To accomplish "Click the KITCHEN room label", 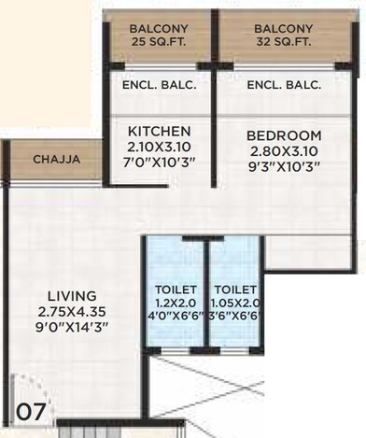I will click(160, 130).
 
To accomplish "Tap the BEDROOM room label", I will click(285, 134).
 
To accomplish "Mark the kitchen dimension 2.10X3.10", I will click(160, 146).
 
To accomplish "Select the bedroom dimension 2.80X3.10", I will click(285, 150).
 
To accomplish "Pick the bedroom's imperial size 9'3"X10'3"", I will click(285, 166).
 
